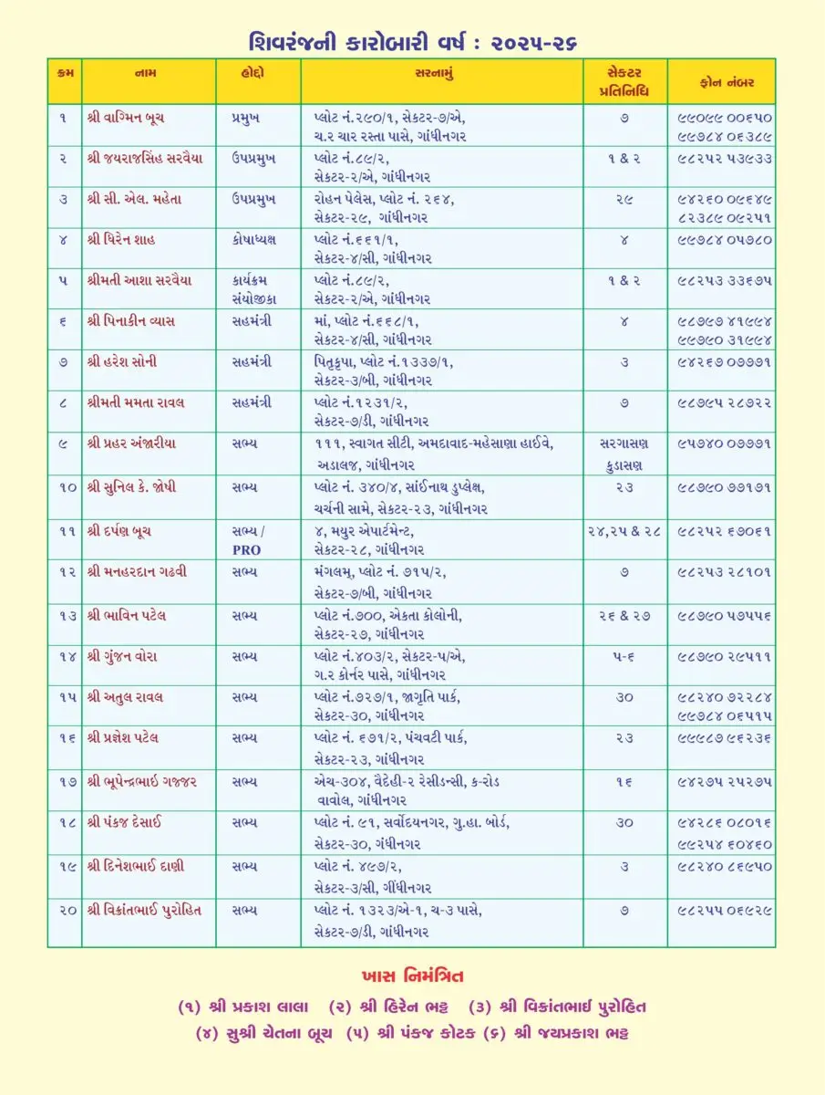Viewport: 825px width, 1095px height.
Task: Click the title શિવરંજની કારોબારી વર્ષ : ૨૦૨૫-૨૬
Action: pyautogui.click(x=412, y=41)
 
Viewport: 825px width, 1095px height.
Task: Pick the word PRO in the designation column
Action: pyautogui.click(x=246, y=550)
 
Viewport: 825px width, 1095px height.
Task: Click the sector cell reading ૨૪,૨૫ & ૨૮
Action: pyautogui.click(x=624, y=529)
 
